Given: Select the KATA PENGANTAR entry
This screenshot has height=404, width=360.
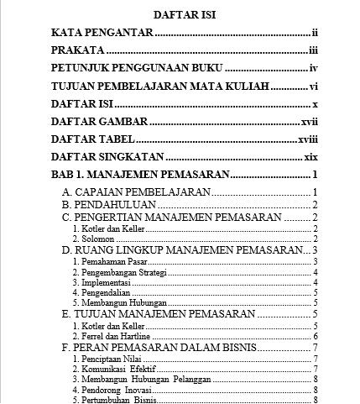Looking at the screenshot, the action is tap(102, 33).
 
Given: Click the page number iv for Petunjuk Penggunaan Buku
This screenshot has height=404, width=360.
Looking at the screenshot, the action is tap(311, 69).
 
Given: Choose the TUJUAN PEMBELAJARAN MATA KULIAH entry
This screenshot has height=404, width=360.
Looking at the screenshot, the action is tap(159, 87).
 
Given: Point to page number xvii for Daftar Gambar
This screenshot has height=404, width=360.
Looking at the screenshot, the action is tap(308, 123).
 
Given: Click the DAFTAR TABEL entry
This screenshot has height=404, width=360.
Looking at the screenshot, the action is tap(91, 140).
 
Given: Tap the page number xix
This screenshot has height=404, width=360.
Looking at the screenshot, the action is tap(309, 158).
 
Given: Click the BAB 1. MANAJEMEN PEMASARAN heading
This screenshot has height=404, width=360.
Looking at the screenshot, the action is tap(139, 176).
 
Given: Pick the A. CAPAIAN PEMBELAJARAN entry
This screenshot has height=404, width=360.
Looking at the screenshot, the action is tap(137, 193).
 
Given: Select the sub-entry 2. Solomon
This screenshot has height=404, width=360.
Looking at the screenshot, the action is tap(91, 239).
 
